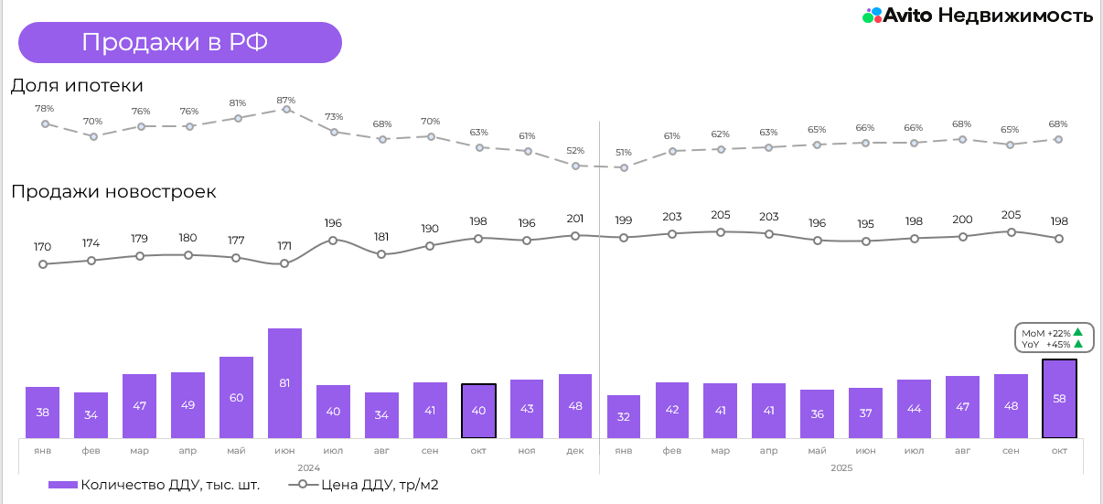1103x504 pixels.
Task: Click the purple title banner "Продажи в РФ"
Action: [179, 42]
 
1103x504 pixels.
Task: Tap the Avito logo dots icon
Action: [872, 16]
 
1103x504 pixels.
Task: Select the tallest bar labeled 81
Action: [284, 382]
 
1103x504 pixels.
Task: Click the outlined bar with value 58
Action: [1059, 398]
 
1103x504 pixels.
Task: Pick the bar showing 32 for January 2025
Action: [624, 416]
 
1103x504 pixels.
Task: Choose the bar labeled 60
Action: [236, 396]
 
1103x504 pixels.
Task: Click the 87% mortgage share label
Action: [286, 100]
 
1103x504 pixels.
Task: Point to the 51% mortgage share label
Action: [624, 152]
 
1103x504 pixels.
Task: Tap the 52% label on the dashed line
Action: [575, 150]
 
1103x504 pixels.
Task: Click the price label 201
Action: [575, 218]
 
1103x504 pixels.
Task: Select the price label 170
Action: [43, 246]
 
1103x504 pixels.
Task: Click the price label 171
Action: [284, 246]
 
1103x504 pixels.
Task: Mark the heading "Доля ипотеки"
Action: [77, 85]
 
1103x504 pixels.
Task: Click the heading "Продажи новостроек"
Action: [113, 192]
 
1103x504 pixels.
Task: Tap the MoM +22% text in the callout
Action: [1046, 333]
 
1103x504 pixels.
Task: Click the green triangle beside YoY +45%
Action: [1078, 344]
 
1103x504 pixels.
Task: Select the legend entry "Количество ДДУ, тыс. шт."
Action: [155, 485]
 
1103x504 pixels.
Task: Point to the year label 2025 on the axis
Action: [841, 467]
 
